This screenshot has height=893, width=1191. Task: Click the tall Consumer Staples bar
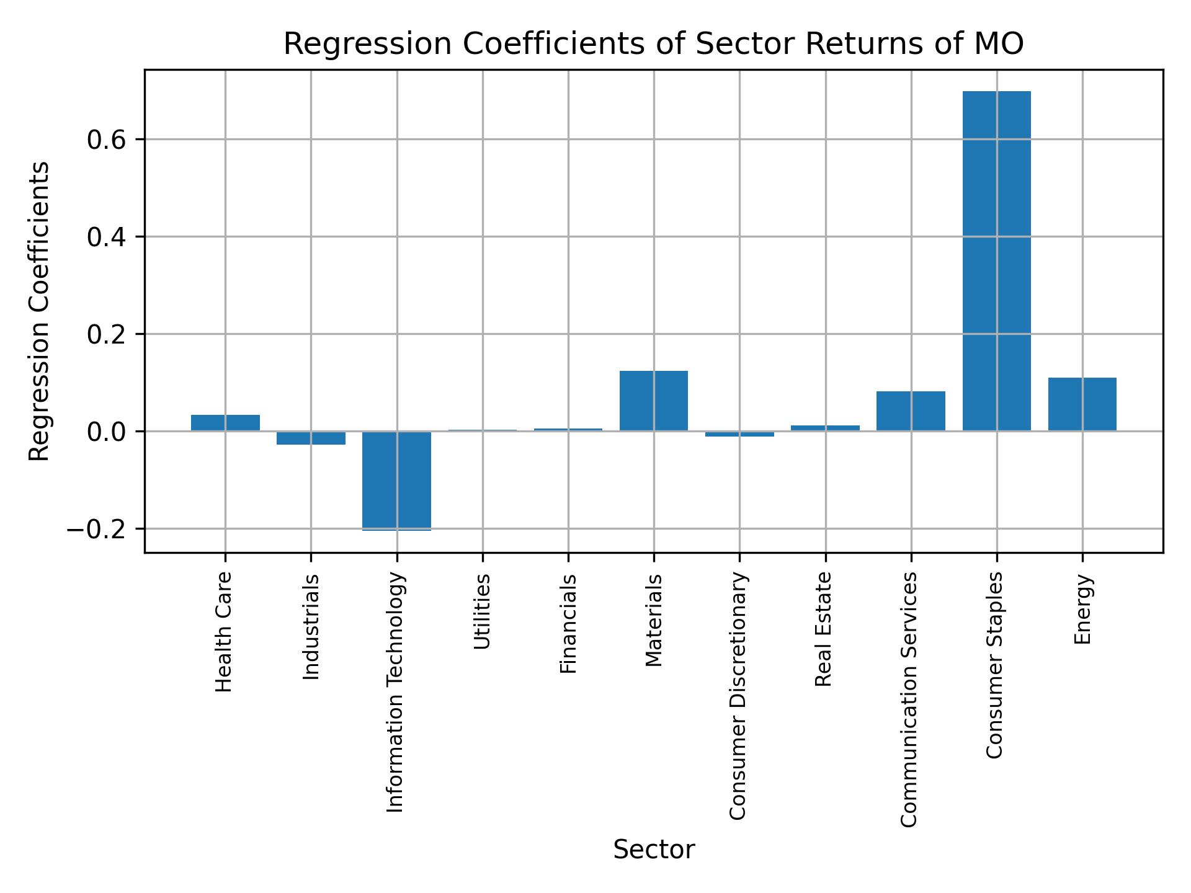click(x=996, y=260)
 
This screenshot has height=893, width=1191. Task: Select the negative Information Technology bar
click(x=396, y=481)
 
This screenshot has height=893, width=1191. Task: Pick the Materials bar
click(x=653, y=401)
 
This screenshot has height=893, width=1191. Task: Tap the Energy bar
click(x=1082, y=404)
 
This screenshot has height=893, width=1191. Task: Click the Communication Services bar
click(x=911, y=411)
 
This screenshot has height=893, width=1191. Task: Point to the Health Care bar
click(x=225, y=422)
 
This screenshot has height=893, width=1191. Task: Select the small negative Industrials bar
click(x=311, y=438)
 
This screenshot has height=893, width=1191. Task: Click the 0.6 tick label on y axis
click(x=106, y=140)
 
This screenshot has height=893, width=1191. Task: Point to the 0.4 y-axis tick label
click(x=106, y=238)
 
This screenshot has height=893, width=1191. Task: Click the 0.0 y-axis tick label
click(x=106, y=432)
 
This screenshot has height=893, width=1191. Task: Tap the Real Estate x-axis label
click(x=823, y=629)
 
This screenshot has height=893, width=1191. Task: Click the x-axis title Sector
click(x=653, y=850)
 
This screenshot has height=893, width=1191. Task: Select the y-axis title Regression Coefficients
click(x=40, y=311)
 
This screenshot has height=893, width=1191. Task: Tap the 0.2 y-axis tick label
click(x=106, y=335)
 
